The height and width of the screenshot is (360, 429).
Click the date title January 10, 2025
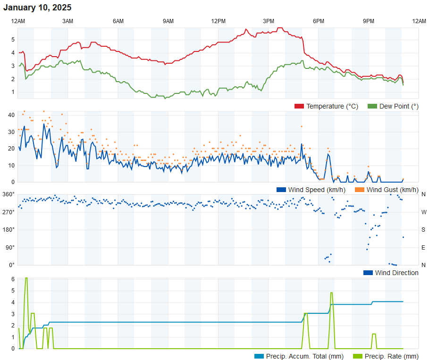coord(37,8)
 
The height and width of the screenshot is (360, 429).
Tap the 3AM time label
coord(68,21)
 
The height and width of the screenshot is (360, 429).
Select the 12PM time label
coord(218,21)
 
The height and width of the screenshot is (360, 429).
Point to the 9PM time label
coord(369,21)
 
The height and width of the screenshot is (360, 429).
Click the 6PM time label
coord(319,21)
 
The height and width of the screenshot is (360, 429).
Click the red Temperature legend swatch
coord(299,106)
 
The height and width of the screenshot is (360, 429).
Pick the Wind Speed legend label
coord(317,190)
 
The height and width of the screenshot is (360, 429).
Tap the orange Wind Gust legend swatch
coord(360,190)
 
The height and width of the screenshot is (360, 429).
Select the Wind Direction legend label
coord(396,273)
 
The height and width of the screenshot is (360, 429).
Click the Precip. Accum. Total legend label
coord(304,356)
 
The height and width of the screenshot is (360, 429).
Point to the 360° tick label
coord(8,194)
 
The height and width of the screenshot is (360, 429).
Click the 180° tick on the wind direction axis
coord(8,230)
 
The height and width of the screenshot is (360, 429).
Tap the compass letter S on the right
coord(423,230)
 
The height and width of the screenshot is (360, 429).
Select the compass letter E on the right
coord(423,248)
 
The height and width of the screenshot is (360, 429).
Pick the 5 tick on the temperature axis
coord(13,40)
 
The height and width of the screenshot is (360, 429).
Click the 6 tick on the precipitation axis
coord(13,279)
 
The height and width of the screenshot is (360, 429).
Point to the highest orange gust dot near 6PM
coord(302,126)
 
